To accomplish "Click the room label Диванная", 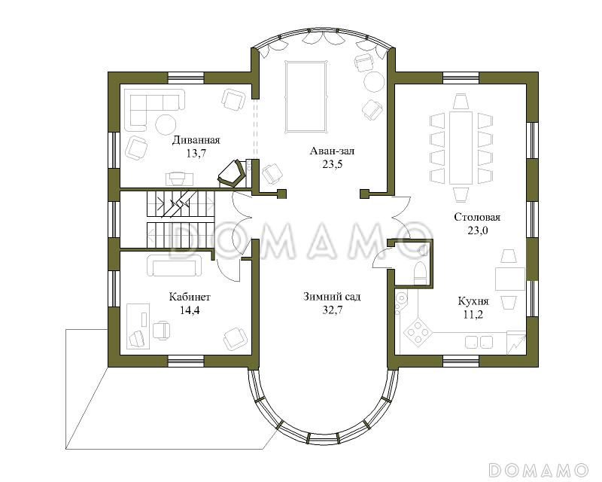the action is pyautogui.click(x=196, y=140).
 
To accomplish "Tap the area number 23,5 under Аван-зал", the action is pyautogui.click(x=333, y=164).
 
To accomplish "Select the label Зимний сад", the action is pyautogui.click(x=332, y=297).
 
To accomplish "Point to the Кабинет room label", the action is pyautogui.click(x=190, y=297).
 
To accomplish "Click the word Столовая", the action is pyautogui.click(x=477, y=217).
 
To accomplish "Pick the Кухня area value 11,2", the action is pyautogui.click(x=473, y=315).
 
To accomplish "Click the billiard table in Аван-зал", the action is pyautogui.click(x=306, y=96).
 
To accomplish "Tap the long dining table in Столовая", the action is pyautogui.click(x=461, y=148).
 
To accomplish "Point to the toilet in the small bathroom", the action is pyautogui.click(x=420, y=273).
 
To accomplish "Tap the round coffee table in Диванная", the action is pyautogui.click(x=166, y=124).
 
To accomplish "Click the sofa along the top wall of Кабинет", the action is pyautogui.click(x=175, y=265).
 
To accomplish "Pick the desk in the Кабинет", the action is pyautogui.click(x=138, y=326).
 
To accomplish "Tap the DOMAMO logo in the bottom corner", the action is pyautogui.click(x=538, y=470).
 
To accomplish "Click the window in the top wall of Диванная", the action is pyautogui.click(x=186, y=78).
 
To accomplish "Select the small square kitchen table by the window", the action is pyautogui.click(x=510, y=279).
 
